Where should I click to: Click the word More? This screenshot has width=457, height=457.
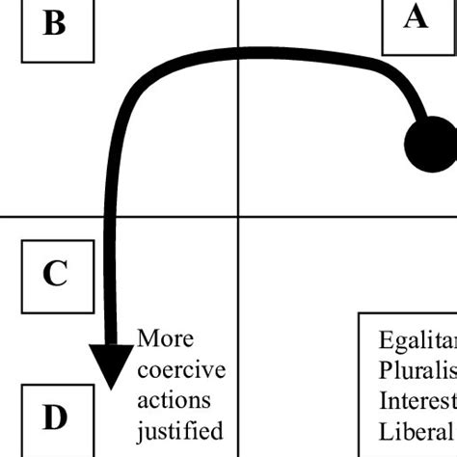(165, 339)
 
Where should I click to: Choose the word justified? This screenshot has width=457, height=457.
(180, 429)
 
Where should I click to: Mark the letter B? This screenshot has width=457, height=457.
(55, 25)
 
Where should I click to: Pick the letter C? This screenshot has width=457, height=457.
(55, 275)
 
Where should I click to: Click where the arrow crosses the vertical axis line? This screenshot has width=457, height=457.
(238, 59)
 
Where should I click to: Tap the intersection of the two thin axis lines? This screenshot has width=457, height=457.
(238, 217)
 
